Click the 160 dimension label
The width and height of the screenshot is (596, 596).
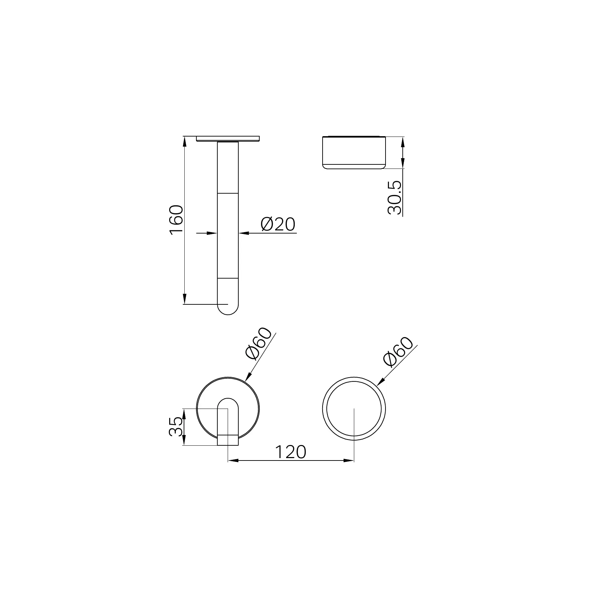[176, 220]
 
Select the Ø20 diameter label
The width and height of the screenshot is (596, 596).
[278, 225]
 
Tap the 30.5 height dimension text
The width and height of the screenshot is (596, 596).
[394, 198]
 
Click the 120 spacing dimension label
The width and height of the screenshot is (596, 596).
[290, 452]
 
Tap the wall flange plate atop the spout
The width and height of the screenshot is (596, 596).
[228, 139]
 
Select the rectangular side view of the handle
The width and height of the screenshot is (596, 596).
[354, 153]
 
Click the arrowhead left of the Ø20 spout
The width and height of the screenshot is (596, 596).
[213, 233]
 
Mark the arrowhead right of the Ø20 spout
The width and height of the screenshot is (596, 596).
[243, 233]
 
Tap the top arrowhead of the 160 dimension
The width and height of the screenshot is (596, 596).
[185, 141]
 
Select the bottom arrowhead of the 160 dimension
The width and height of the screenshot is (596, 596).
[185, 299]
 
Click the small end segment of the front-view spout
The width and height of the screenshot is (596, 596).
[228, 440]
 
